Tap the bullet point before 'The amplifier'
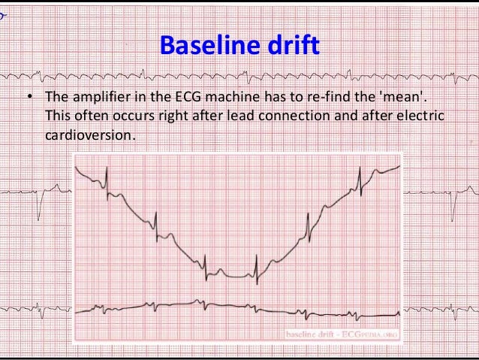pos(27,98)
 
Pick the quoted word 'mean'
pos(409,98)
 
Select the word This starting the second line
pos(57,116)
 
